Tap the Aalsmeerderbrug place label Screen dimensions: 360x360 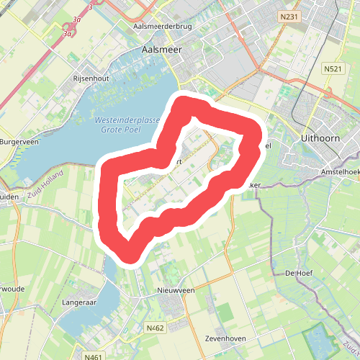164,27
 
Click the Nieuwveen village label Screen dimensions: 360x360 176,290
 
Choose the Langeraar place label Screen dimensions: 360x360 79,303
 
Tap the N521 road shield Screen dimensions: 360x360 333,68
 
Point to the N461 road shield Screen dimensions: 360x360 93,356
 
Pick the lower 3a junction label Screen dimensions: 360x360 68,33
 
